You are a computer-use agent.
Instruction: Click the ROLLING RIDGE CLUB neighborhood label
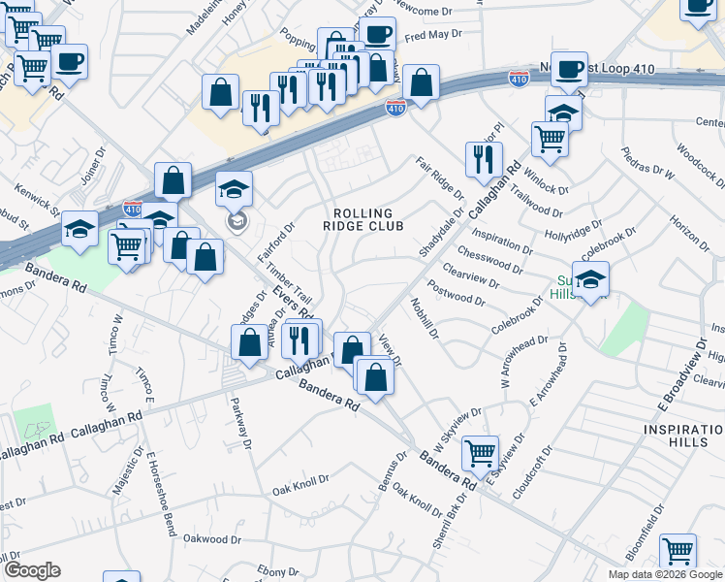(x=362, y=220)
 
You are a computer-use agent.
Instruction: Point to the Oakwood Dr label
(x=212, y=539)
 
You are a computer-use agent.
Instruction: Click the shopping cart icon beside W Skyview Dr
(x=481, y=450)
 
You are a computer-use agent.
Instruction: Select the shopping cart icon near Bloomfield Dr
(x=678, y=550)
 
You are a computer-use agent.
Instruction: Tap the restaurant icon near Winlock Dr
(x=484, y=158)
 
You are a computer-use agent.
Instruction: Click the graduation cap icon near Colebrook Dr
(x=590, y=278)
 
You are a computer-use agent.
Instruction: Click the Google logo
(x=32, y=570)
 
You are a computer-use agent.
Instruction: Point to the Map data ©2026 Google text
(x=665, y=574)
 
